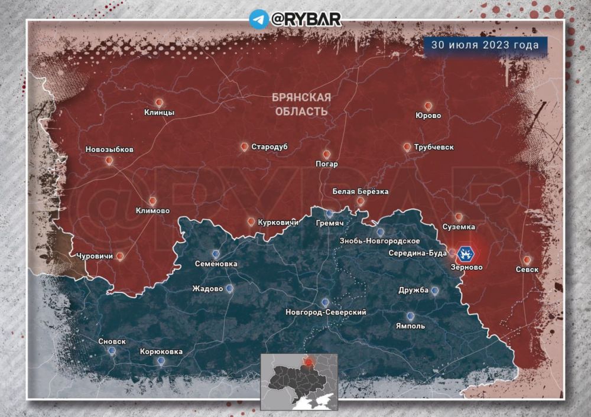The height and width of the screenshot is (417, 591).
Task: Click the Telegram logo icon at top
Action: (259, 18)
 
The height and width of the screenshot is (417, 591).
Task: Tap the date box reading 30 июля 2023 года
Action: (485, 45)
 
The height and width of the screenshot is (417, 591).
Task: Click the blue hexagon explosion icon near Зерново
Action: (466, 254)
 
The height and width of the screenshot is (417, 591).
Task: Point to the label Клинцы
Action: (159, 113)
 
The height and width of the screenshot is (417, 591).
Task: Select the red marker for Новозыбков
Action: (109, 161)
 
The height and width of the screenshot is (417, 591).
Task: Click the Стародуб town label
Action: (269, 146)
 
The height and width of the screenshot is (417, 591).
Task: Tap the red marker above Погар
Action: (326, 155)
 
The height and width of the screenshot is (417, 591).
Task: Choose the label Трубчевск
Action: (434, 147)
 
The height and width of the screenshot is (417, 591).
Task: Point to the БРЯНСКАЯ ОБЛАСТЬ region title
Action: (303, 104)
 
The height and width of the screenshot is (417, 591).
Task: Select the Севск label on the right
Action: (527, 269)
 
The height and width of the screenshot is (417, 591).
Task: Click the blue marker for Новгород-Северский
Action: (326, 302)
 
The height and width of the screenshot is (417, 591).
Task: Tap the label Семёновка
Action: (216, 264)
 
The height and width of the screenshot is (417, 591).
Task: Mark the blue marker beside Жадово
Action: (229, 288)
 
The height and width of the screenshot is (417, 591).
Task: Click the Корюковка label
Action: (161, 351)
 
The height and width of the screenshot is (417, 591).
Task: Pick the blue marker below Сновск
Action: (112, 351)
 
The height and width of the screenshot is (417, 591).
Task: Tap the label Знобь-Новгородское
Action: (379, 241)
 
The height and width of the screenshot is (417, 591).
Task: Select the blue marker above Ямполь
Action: (410, 316)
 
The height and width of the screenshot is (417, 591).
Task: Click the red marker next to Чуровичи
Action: (120, 256)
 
